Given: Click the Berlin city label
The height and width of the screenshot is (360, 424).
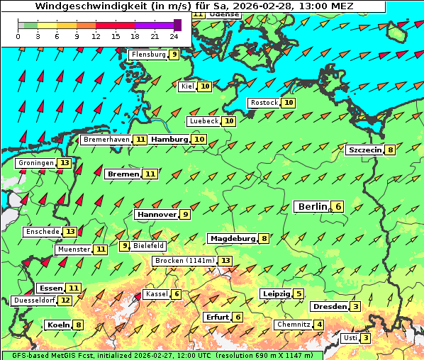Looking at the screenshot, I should [312, 206].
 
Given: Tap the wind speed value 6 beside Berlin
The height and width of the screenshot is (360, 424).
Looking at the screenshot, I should [338, 206].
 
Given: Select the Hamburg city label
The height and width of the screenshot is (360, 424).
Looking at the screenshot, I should [169, 140].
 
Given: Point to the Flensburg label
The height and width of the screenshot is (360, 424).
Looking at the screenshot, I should [148, 55].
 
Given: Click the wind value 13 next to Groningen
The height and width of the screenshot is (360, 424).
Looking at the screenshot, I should [65, 163].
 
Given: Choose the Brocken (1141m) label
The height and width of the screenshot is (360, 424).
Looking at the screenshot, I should [184, 261].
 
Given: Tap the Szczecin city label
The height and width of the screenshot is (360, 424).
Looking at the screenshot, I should [364, 150].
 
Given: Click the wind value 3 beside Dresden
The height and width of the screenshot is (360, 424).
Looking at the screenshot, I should [355, 307].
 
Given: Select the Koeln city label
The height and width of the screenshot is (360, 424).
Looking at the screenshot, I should [57, 325].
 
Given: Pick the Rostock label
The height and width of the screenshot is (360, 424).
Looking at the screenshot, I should [264, 103].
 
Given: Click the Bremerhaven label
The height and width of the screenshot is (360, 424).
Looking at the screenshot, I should [106, 140].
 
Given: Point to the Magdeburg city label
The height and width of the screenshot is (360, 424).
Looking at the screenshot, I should [232, 238].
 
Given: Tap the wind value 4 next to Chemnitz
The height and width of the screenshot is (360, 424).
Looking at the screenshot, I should [319, 325].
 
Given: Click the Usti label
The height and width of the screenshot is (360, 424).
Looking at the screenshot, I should [350, 338].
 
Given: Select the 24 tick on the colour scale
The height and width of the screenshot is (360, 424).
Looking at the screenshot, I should [174, 35].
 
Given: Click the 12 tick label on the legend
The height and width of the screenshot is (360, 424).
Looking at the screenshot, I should [96, 35].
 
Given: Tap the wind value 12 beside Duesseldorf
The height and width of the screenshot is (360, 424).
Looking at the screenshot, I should [65, 300].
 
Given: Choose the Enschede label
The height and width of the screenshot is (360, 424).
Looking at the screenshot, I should [42, 232].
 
